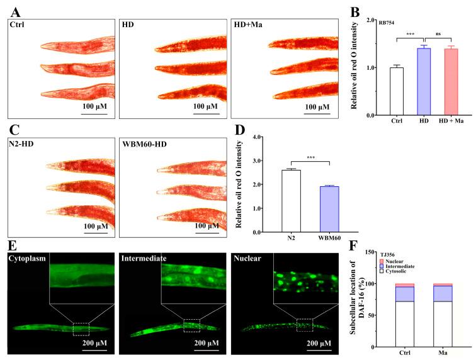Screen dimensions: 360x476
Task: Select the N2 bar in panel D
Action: click(x=273, y=201)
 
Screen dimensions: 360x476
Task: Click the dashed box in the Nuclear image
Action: click(x=305, y=325)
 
